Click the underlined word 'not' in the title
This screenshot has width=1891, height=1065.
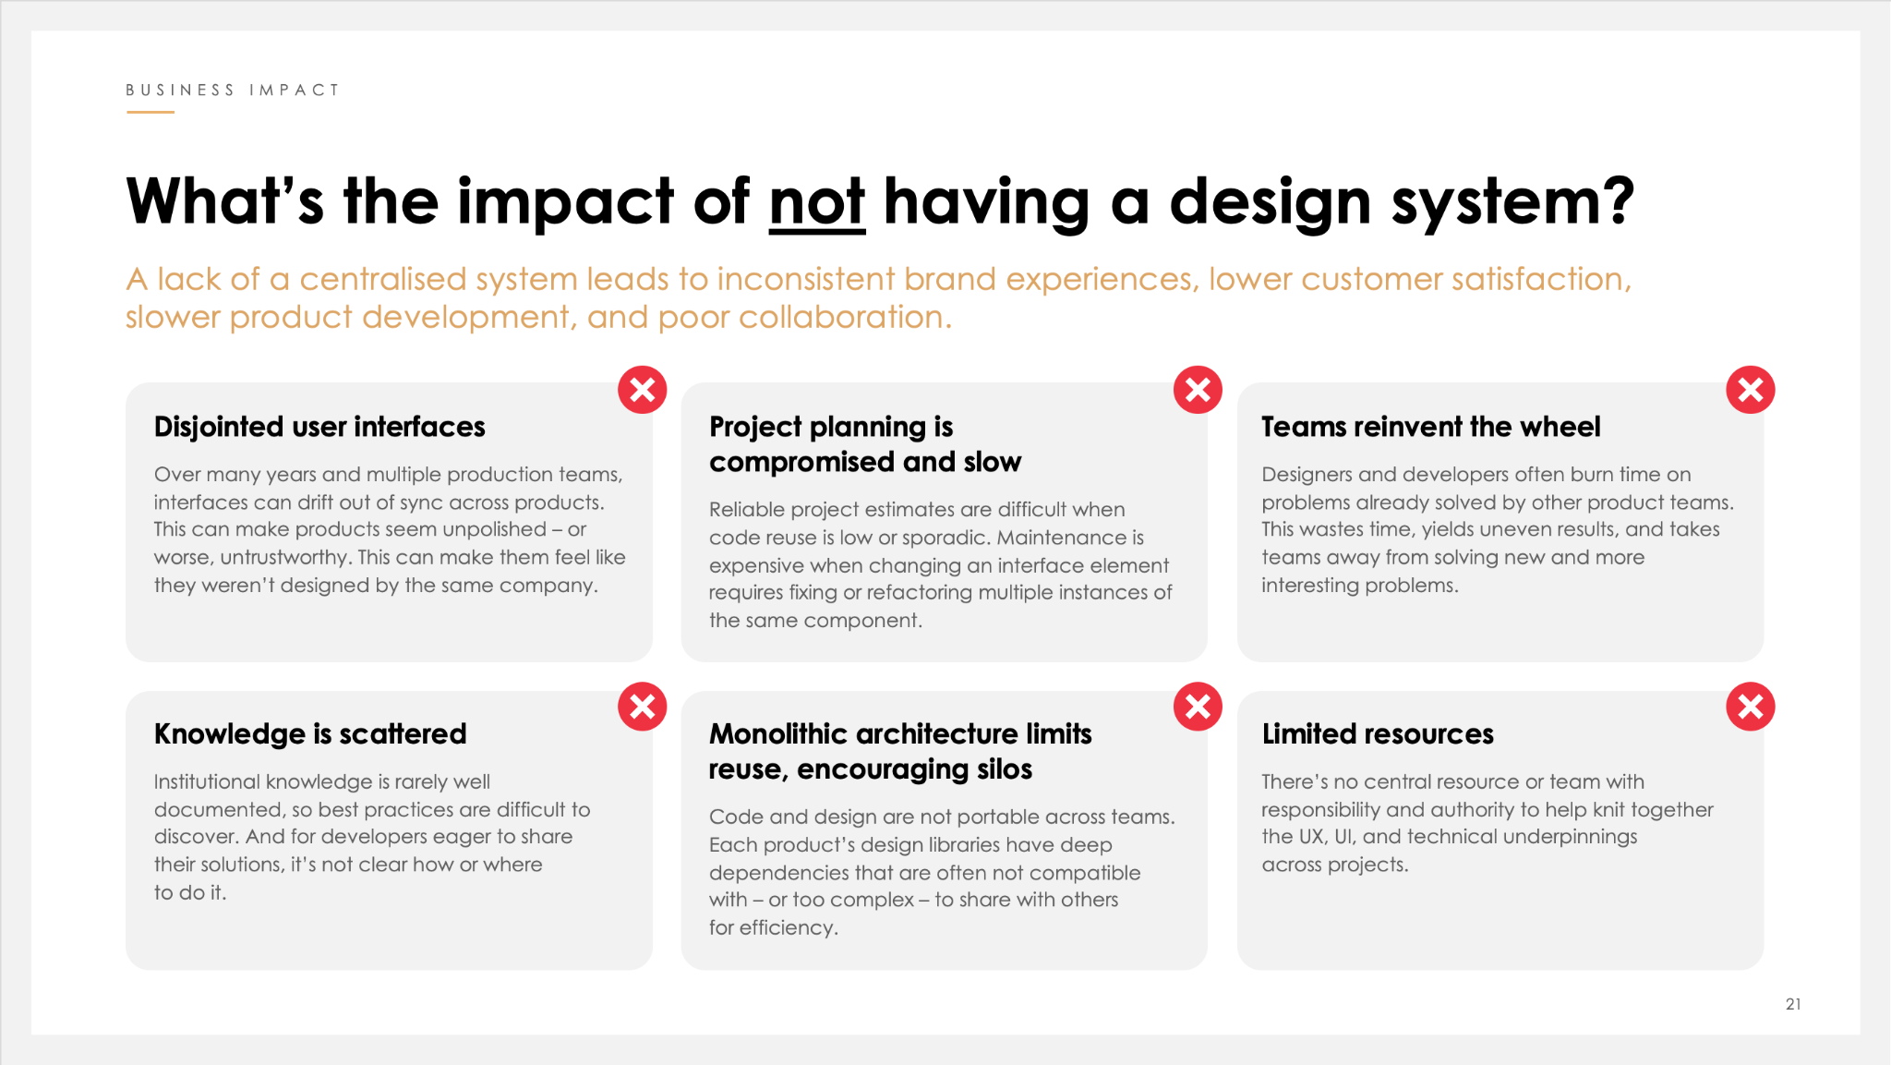pos(817,201)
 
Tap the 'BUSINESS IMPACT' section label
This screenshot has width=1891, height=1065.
pos(233,90)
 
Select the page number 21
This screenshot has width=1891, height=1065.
pos(1793,1004)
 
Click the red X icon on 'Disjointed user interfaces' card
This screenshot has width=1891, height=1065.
pos(643,390)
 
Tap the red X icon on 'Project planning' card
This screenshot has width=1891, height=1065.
pos(1198,390)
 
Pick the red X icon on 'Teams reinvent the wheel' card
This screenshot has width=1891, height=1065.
pos(1751,390)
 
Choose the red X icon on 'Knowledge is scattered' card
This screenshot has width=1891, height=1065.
pos(643,707)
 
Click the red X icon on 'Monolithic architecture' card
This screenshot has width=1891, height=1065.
pos(1198,707)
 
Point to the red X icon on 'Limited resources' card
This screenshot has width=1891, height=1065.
pos(1751,707)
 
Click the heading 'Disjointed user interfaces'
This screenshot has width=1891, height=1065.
pos(319,427)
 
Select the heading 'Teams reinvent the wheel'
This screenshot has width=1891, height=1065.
pos(1431,427)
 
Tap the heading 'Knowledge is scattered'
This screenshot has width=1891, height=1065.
pos(310,733)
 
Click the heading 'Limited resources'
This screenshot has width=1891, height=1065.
pos(1378,733)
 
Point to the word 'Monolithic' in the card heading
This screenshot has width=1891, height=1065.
pos(778,733)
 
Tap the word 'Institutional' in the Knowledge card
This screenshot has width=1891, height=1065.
pos(207,781)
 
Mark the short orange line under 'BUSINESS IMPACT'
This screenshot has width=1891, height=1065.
pos(151,113)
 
